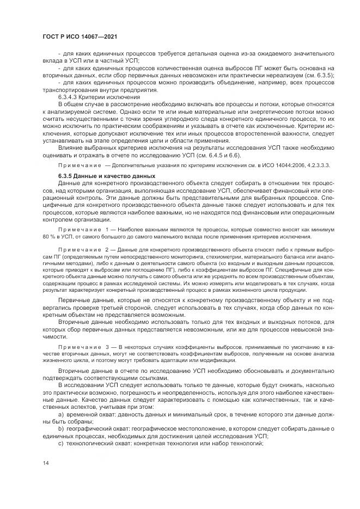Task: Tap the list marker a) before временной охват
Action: (61, 414)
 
